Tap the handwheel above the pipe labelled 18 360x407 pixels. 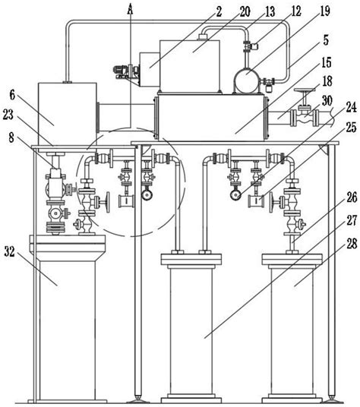pyautogui.click(x=306, y=96)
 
